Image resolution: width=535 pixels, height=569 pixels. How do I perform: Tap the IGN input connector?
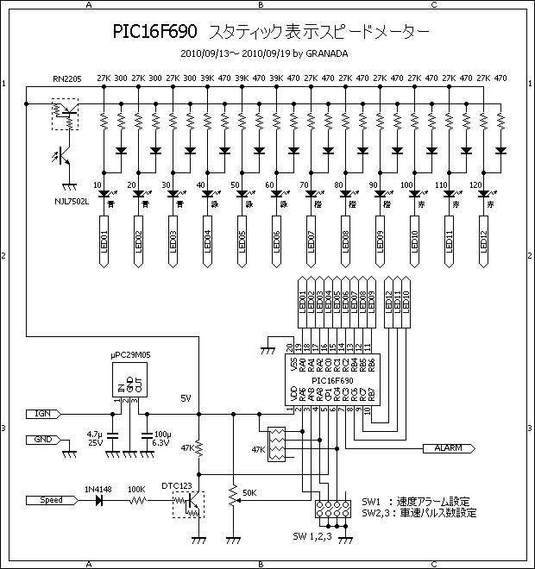(42, 414)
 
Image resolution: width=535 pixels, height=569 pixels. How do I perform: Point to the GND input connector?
(41, 439)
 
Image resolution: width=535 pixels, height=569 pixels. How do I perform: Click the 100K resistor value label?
(136, 489)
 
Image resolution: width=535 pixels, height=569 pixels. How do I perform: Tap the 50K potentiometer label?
(250, 492)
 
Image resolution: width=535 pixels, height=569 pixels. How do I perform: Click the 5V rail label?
(186, 398)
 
